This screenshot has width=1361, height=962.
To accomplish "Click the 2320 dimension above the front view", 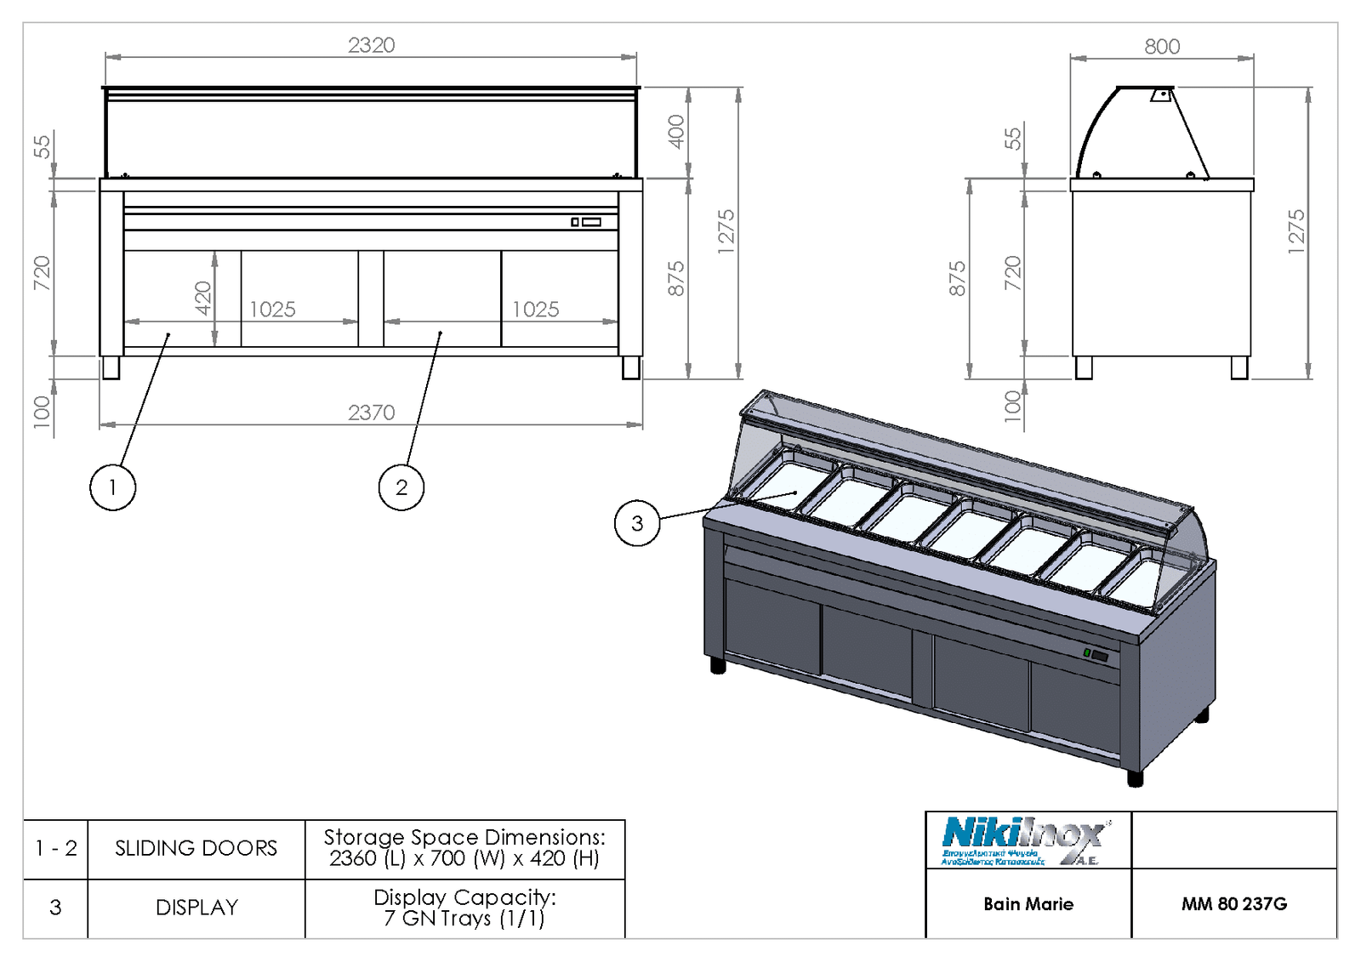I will [372, 45].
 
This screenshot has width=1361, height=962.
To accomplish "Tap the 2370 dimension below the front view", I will [372, 413].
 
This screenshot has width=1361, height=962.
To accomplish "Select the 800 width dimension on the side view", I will [1162, 47].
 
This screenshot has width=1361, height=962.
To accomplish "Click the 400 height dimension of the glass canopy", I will [676, 132].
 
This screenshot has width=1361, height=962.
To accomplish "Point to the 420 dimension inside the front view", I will [203, 298].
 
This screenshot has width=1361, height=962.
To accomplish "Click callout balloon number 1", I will [112, 487].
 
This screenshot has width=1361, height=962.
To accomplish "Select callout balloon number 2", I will [401, 487].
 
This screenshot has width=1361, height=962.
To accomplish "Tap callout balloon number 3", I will [637, 523].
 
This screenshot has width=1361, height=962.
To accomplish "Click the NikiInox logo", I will [1025, 840].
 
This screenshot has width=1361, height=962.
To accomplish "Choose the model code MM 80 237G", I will [1233, 904].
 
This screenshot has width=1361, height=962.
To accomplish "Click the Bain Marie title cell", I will [1028, 904].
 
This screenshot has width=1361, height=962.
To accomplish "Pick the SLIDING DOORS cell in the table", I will [196, 848].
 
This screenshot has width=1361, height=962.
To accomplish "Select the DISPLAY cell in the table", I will [196, 908].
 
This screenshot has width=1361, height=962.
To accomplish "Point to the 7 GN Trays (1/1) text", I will [464, 919].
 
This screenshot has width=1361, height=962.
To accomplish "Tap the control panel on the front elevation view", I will [586, 222].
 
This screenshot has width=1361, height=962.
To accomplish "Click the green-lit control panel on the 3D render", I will [1096, 655].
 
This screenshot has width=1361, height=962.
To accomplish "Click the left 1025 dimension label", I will [272, 310].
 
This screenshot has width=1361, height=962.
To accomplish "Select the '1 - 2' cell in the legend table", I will [56, 848].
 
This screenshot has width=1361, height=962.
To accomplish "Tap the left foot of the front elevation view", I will [111, 367].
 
